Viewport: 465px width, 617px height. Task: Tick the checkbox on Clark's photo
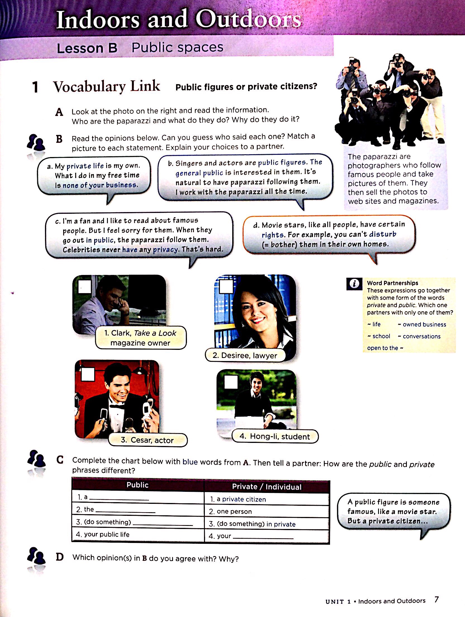point(85,286)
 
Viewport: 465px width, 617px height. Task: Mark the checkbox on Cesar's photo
point(87,374)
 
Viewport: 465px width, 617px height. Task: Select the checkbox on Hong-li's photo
point(231,382)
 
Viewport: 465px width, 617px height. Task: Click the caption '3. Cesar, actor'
point(147,440)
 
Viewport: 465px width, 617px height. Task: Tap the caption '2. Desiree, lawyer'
point(245,355)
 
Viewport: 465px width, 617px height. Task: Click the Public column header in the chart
point(137,485)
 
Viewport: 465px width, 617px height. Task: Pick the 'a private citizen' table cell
point(241,499)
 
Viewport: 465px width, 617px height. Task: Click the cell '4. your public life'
point(103,534)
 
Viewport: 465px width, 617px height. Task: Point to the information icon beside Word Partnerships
point(354,284)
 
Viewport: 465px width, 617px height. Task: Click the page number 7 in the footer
point(436,599)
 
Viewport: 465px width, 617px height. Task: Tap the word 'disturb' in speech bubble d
point(383,234)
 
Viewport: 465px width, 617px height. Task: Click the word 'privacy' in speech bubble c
point(165,250)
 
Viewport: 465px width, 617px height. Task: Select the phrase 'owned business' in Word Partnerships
point(424,324)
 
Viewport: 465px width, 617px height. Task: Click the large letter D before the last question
point(60,557)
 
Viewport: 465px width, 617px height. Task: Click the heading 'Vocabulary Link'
point(106,86)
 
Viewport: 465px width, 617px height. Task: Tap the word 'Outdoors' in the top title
point(248,20)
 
